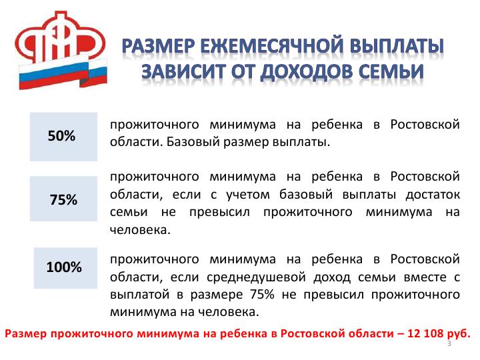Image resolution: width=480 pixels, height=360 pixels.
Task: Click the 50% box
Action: pos(64,137)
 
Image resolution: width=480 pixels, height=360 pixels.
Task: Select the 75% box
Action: pos(64,199)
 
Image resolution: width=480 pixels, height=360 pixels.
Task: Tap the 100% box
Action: pos(65,268)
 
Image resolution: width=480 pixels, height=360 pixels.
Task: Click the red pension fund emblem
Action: pos(60,37)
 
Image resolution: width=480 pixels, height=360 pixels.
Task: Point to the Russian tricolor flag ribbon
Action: pos(63,74)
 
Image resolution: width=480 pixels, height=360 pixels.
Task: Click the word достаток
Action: pos(433,195)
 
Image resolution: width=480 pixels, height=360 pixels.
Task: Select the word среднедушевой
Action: pos(256,277)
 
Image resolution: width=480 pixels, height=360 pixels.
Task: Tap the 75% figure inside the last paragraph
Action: pos(263,295)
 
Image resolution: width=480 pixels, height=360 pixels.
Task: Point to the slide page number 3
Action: pos(449,344)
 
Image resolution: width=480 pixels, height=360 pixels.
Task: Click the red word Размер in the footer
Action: pos(26,334)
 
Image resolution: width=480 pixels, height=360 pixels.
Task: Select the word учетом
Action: pos(248,195)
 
